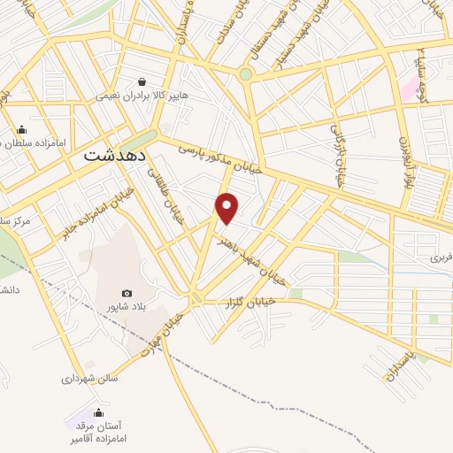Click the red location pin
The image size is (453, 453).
227,208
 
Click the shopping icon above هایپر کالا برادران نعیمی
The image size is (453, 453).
142,81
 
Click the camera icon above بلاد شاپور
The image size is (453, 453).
126,294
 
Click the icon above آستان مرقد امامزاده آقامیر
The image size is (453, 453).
97,412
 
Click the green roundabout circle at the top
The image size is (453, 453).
245,74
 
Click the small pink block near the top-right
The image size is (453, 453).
409,88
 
